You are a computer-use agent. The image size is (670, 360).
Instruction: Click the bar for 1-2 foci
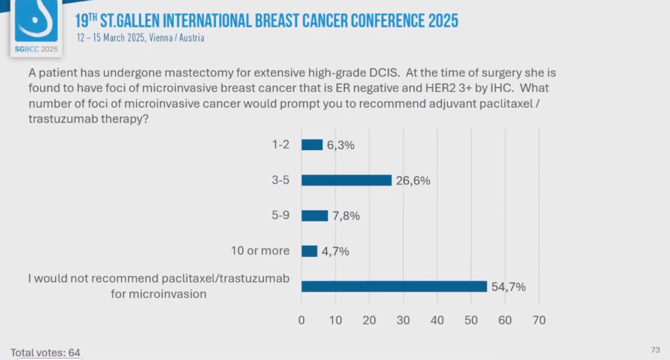pyautogui.click(x=312, y=145)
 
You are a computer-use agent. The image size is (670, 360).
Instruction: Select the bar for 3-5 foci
pyautogui.click(x=346, y=180)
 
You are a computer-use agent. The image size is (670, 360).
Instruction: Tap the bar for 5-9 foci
pyautogui.click(x=315, y=215)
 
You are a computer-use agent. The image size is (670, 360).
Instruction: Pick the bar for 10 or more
pyautogui.click(x=309, y=251)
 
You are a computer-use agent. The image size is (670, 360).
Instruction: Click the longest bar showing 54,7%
pyautogui.click(x=394, y=286)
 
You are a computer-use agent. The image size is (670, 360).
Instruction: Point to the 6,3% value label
pyautogui.click(x=341, y=145)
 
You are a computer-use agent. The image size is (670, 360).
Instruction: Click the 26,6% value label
pyautogui.click(x=413, y=181)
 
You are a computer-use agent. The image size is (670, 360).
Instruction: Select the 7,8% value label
pyautogui.click(x=346, y=216)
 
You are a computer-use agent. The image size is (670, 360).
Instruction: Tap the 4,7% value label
pyautogui.click(x=336, y=251)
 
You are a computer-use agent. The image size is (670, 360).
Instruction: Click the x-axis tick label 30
pyautogui.click(x=403, y=320)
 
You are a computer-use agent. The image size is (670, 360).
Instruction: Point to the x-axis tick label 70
pyautogui.click(x=538, y=320)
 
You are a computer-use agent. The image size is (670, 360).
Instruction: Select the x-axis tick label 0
pyautogui.click(x=301, y=320)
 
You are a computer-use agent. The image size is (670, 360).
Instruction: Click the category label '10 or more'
pyautogui.click(x=259, y=251)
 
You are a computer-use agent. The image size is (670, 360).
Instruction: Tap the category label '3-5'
pyautogui.click(x=280, y=180)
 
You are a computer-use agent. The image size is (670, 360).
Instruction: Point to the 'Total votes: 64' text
pyautogui.click(x=45, y=353)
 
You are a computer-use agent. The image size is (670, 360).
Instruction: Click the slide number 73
pyautogui.click(x=655, y=350)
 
